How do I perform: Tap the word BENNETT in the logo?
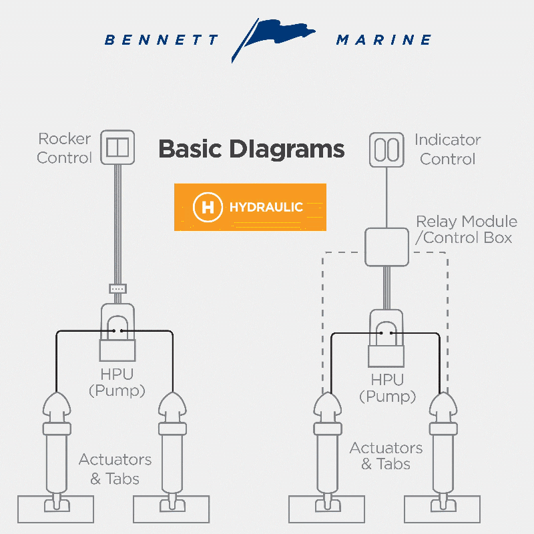pyautogui.click(x=161, y=40)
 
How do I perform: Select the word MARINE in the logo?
pyautogui.click(x=384, y=40)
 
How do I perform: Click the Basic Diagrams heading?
pyautogui.click(x=252, y=149)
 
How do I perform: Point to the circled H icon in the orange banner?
pyautogui.click(x=208, y=207)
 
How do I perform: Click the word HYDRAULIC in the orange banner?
pyautogui.click(x=266, y=207)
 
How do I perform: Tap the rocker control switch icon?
pyautogui.click(x=117, y=147)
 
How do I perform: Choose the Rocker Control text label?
pyautogui.click(x=64, y=148)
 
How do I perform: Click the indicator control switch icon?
pyautogui.click(x=386, y=150)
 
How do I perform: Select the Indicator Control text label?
pyautogui.click(x=447, y=150)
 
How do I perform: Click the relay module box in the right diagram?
pyautogui.click(x=386, y=247)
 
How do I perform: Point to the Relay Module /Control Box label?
pyautogui.click(x=467, y=230)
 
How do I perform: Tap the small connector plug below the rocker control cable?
pyautogui.click(x=118, y=289)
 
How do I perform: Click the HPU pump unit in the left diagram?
pyautogui.click(x=117, y=332)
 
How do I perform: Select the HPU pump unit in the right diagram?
pyautogui.click(x=386, y=338)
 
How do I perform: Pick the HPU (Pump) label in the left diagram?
pyautogui.click(x=117, y=382)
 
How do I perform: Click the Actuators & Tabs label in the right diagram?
pyautogui.click(x=386, y=456)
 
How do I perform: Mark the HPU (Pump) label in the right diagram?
pyautogui.click(x=388, y=388)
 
